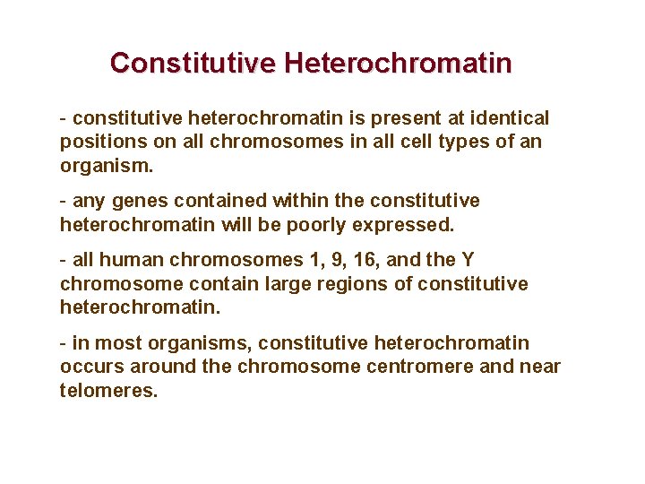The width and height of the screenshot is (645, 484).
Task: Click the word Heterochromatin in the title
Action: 398,64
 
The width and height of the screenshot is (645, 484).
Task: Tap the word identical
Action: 508,118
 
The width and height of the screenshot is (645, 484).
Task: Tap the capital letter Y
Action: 468,260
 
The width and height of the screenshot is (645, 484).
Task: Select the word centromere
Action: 424,367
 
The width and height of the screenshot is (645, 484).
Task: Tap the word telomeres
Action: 108,390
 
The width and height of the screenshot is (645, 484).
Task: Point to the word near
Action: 539,367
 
